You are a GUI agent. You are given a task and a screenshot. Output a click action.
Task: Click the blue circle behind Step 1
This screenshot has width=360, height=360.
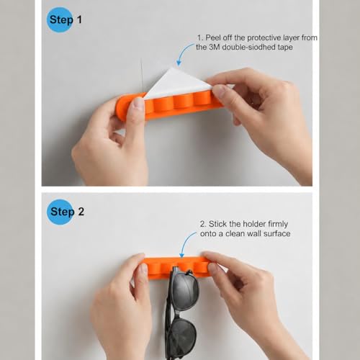[60, 19]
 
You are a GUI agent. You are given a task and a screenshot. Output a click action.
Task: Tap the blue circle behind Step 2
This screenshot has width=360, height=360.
[60, 212]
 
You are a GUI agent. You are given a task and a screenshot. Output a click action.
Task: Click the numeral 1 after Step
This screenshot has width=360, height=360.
[79, 19]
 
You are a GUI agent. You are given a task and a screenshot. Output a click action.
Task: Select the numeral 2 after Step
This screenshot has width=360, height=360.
[81, 212]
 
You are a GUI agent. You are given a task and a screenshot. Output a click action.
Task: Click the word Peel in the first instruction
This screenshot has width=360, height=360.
[213, 37]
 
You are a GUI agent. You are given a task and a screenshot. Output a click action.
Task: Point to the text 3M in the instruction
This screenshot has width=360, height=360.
[215, 47]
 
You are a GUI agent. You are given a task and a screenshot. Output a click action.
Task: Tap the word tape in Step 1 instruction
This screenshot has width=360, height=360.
[285, 48]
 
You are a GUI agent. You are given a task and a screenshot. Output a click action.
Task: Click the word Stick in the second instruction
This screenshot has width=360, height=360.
[218, 224]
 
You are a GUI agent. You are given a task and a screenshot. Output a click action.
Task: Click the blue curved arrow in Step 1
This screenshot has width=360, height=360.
[184, 53]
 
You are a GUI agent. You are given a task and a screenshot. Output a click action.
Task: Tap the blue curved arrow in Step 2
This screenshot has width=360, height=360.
[186, 243]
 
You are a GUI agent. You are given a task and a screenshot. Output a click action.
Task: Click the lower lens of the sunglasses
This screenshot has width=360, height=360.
[183, 337]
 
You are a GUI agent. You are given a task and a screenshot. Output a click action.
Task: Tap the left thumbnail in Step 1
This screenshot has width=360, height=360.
[138, 103]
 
